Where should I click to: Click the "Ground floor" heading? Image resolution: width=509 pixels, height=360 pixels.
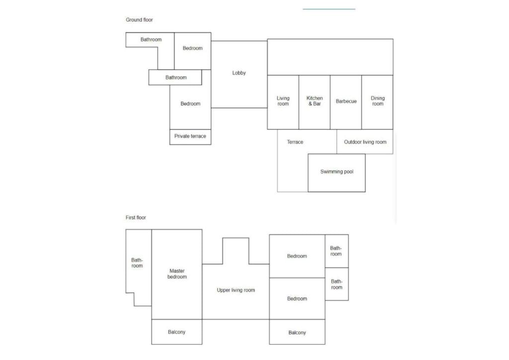139,20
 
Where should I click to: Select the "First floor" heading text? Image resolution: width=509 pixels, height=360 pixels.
136,217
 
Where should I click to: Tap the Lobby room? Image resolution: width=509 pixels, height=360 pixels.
239,75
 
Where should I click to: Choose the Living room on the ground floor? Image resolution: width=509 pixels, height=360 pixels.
283,102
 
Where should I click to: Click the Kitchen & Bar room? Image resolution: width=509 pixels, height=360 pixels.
315,102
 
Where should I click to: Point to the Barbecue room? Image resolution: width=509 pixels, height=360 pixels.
346,102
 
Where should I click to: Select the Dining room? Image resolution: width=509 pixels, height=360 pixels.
378,102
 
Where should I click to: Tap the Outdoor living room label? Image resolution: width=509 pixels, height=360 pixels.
365,142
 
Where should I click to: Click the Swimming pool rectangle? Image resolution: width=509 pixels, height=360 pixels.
337,173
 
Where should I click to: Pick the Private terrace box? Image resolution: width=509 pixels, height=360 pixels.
190,137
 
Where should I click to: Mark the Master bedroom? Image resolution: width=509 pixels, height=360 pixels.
177,274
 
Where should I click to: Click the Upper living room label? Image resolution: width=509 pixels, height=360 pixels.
236,290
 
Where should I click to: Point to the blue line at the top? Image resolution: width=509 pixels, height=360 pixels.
329,9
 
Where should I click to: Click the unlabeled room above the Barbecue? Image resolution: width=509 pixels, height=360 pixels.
330,57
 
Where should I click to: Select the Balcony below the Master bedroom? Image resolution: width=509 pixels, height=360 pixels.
177,332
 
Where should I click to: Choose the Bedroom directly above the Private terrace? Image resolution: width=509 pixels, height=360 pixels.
190,104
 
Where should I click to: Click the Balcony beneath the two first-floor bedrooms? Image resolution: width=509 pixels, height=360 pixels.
297,332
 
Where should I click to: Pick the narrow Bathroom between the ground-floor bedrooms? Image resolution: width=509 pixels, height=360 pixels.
175,77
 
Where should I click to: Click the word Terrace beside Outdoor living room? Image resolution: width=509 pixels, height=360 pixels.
295,142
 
